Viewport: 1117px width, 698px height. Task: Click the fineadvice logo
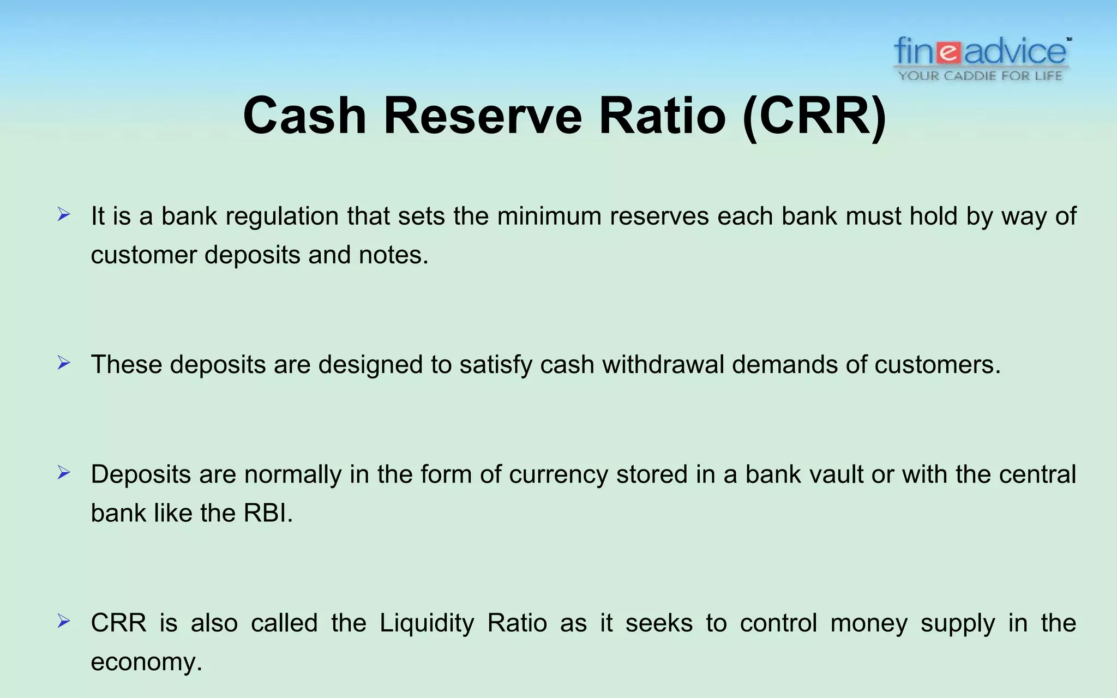tap(981, 52)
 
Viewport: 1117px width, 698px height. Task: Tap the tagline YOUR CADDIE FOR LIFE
tap(981, 76)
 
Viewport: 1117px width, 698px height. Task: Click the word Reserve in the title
tap(483, 116)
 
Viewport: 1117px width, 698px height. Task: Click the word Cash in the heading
tap(304, 116)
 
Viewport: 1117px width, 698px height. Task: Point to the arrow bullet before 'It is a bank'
tap(64, 215)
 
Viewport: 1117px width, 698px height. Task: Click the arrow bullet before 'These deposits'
tap(64, 363)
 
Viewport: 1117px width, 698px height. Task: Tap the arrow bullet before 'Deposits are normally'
tap(64, 473)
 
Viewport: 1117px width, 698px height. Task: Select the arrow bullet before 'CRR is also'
tap(64, 621)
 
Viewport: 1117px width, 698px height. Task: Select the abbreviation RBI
tap(265, 513)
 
